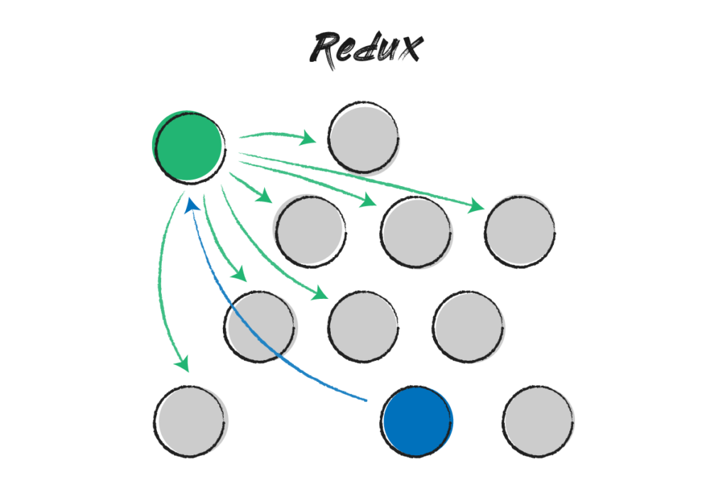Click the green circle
tap(189, 147)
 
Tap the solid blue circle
tap(416, 421)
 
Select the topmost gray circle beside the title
tap(363, 137)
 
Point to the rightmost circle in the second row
tap(520, 231)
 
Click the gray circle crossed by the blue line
tap(261, 326)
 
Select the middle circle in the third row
tap(363, 326)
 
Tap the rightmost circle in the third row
tap(469, 326)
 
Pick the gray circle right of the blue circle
tap(538, 421)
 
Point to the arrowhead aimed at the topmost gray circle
tap(310, 134)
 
